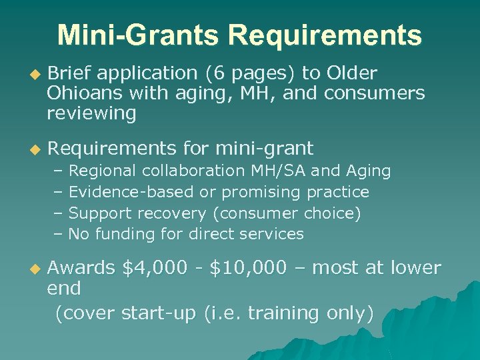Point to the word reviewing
pos(91,113)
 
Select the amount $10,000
pos(248,268)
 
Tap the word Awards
pos(81,268)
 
